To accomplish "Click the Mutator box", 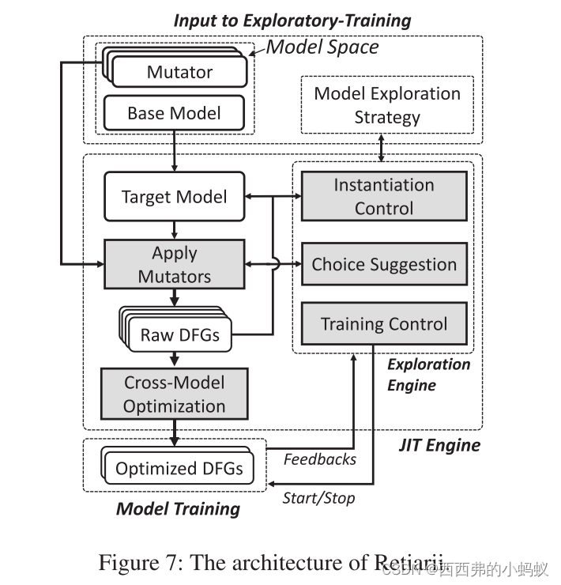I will (179, 72).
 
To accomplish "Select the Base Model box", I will (174, 113).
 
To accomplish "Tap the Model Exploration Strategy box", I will (387, 105).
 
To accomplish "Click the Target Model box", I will (175, 197).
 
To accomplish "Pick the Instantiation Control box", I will (384, 197).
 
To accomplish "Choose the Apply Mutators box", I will (175, 265).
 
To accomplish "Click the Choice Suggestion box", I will (384, 265).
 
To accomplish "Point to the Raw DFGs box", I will (179, 334).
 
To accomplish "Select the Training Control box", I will (384, 324).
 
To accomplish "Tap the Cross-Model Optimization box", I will (175, 394).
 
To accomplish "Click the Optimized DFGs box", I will (179, 469).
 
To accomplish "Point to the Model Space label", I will (322, 47).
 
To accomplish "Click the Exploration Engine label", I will (428, 375).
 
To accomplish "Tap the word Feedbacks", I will (320, 459).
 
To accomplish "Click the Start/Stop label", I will (319, 498).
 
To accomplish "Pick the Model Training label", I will (178, 508).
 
